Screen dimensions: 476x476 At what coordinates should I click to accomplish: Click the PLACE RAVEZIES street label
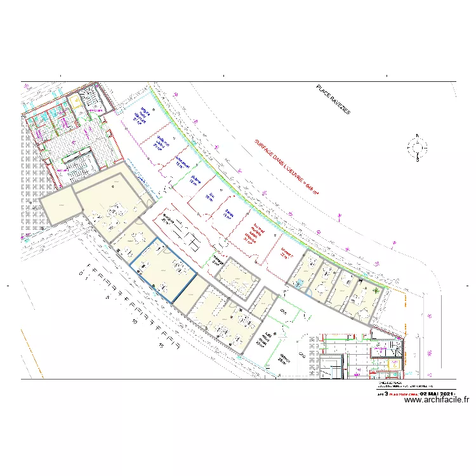pos(333,100)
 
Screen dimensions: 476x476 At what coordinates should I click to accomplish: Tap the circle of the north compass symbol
pos(417,148)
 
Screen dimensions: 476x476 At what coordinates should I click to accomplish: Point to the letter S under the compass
pos(417,161)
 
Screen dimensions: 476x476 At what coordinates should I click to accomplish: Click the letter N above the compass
pos(417,135)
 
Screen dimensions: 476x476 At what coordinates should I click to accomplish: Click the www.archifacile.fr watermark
pos(436,400)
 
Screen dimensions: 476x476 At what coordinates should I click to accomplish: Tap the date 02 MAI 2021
pos(437,392)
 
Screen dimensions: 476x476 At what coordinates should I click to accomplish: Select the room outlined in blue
pos(164,270)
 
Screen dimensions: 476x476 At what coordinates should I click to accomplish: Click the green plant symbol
pos(378,290)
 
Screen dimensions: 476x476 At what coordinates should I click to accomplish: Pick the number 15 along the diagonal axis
pos(162,346)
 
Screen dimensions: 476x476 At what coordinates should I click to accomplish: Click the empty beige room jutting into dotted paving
pos(59,208)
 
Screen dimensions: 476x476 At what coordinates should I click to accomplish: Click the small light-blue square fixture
pos(298,284)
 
